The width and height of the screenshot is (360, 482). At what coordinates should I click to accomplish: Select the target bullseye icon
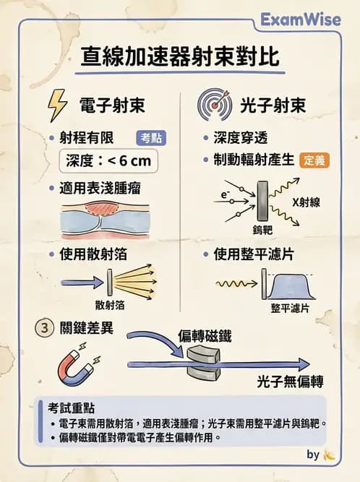coord(214,105)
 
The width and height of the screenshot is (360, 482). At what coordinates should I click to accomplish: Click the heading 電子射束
coord(111,106)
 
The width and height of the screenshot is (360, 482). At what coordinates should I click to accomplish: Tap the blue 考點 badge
coord(150,137)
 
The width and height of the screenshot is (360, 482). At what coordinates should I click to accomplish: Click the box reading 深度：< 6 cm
coord(108,160)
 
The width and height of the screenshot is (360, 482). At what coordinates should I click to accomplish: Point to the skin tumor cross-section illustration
coord(106,220)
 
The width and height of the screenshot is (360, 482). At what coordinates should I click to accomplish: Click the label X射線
coord(305,202)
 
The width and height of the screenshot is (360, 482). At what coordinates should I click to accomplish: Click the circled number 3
coord(44,327)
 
